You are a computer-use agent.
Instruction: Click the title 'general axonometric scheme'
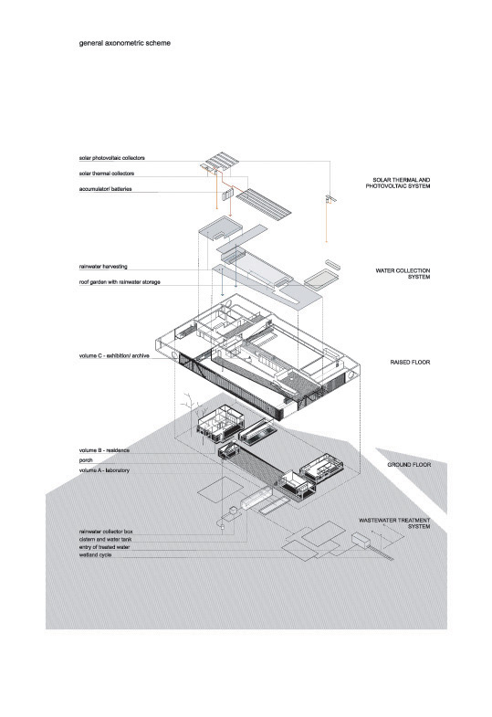(125, 43)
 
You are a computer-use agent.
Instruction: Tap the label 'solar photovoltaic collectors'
(112, 158)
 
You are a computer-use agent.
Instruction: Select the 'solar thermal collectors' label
(107, 174)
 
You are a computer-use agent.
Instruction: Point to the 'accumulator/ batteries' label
(106, 188)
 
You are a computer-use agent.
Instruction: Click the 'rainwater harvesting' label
(103, 266)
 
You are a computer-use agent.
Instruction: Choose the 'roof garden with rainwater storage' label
(120, 282)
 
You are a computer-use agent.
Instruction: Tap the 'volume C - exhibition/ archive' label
(114, 355)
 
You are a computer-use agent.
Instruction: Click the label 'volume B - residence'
(104, 450)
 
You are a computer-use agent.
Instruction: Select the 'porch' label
(86, 460)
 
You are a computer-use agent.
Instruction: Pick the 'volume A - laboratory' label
(104, 470)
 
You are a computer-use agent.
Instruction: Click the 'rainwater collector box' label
(106, 532)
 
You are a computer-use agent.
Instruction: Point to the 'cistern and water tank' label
(106, 539)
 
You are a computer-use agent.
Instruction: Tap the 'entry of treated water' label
(105, 547)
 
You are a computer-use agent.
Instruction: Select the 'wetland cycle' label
(95, 554)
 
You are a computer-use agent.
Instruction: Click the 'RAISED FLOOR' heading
(410, 363)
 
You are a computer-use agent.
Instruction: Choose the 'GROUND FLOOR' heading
(409, 465)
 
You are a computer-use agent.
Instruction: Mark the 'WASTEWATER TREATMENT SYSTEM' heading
(394, 523)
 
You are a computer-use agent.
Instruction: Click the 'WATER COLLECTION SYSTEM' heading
(403, 274)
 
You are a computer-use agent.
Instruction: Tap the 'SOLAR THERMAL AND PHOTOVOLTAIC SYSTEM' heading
(398, 183)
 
